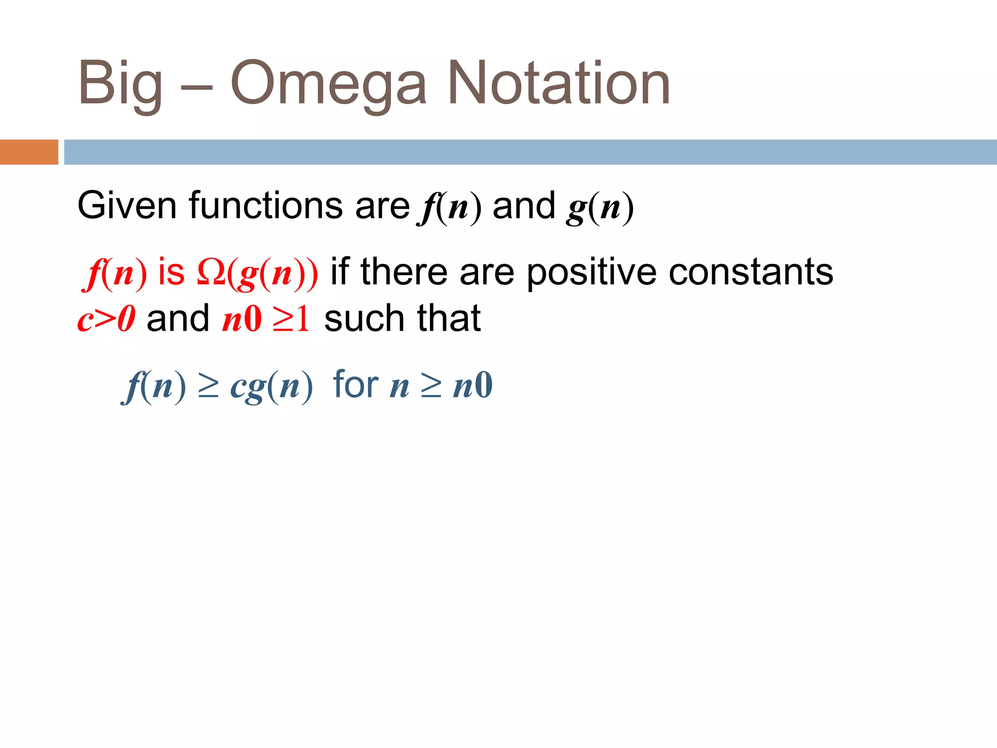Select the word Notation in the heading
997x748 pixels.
click(559, 83)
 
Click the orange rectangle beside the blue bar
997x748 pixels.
click(29, 152)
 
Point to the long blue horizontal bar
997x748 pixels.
click(530, 152)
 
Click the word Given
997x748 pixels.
click(127, 206)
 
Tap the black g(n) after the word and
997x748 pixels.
click(600, 207)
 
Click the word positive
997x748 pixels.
click(591, 273)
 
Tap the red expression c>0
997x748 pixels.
click(106, 319)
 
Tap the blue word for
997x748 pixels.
click(355, 385)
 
